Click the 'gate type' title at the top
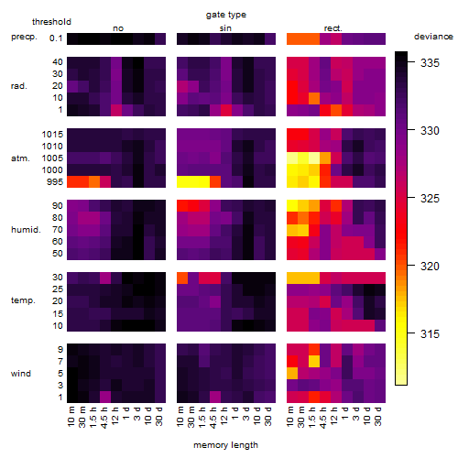pyautogui.click(x=226, y=15)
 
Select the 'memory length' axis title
pyautogui.click(x=226, y=445)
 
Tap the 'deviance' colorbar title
pyautogui.click(x=433, y=37)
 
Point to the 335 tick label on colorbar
pyautogui.click(x=430, y=63)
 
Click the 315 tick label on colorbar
pyautogui.click(x=430, y=333)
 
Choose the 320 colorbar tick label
pyautogui.click(x=430, y=267)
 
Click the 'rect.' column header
pyautogui.click(x=333, y=28)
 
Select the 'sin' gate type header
pyautogui.click(x=225, y=28)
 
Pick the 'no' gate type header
pyautogui.click(x=118, y=28)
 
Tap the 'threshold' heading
pyautogui.click(x=51, y=22)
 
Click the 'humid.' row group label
pyautogui.click(x=26, y=230)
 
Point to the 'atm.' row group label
pyautogui.click(x=20, y=158)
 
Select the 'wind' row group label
pyautogui.click(x=21, y=374)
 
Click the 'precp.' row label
pyautogui.click(x=24, y=37)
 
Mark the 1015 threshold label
pyautogui.click(x=52, y=135)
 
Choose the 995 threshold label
pyautogui.click(x=55, y=182)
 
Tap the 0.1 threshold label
pyautogui.click(x=56, y=38)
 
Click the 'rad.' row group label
pyautogui.click(x=19, y=86)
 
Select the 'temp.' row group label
pyautogui.click(x=23, y=300)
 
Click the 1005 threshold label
pyautogui.click(x=52, y=158)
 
